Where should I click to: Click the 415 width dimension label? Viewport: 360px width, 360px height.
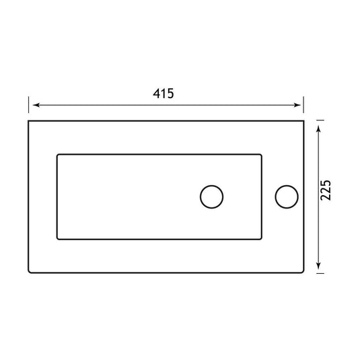(x=164, y=94)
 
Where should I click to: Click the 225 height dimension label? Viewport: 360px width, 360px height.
(x=326, y=190)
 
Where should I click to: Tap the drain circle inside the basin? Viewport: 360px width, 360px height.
(x=211, y=196)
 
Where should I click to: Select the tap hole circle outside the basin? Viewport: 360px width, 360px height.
(x=287, y=196)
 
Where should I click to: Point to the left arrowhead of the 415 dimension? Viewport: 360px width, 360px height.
(x=36, y=105)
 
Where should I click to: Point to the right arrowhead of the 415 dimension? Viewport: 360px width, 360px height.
(x=297, y=105)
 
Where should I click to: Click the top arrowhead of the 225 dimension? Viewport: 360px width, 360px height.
(x=318, y=129)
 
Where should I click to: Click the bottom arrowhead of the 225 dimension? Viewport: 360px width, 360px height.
(x=318, y=265)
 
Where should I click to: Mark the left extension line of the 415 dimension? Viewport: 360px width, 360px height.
(x=28, y=105)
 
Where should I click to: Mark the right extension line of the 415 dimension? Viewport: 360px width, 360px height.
(x=303, y=105)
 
